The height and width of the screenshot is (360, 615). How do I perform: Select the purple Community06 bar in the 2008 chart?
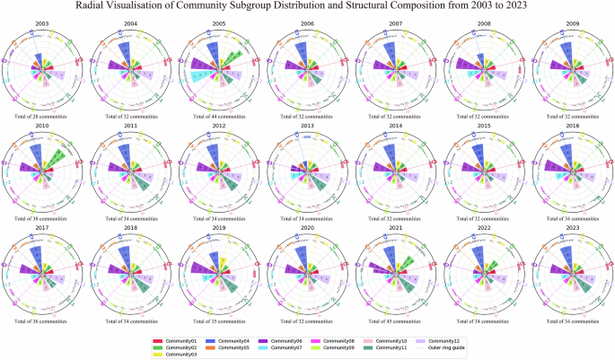point(467,66)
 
